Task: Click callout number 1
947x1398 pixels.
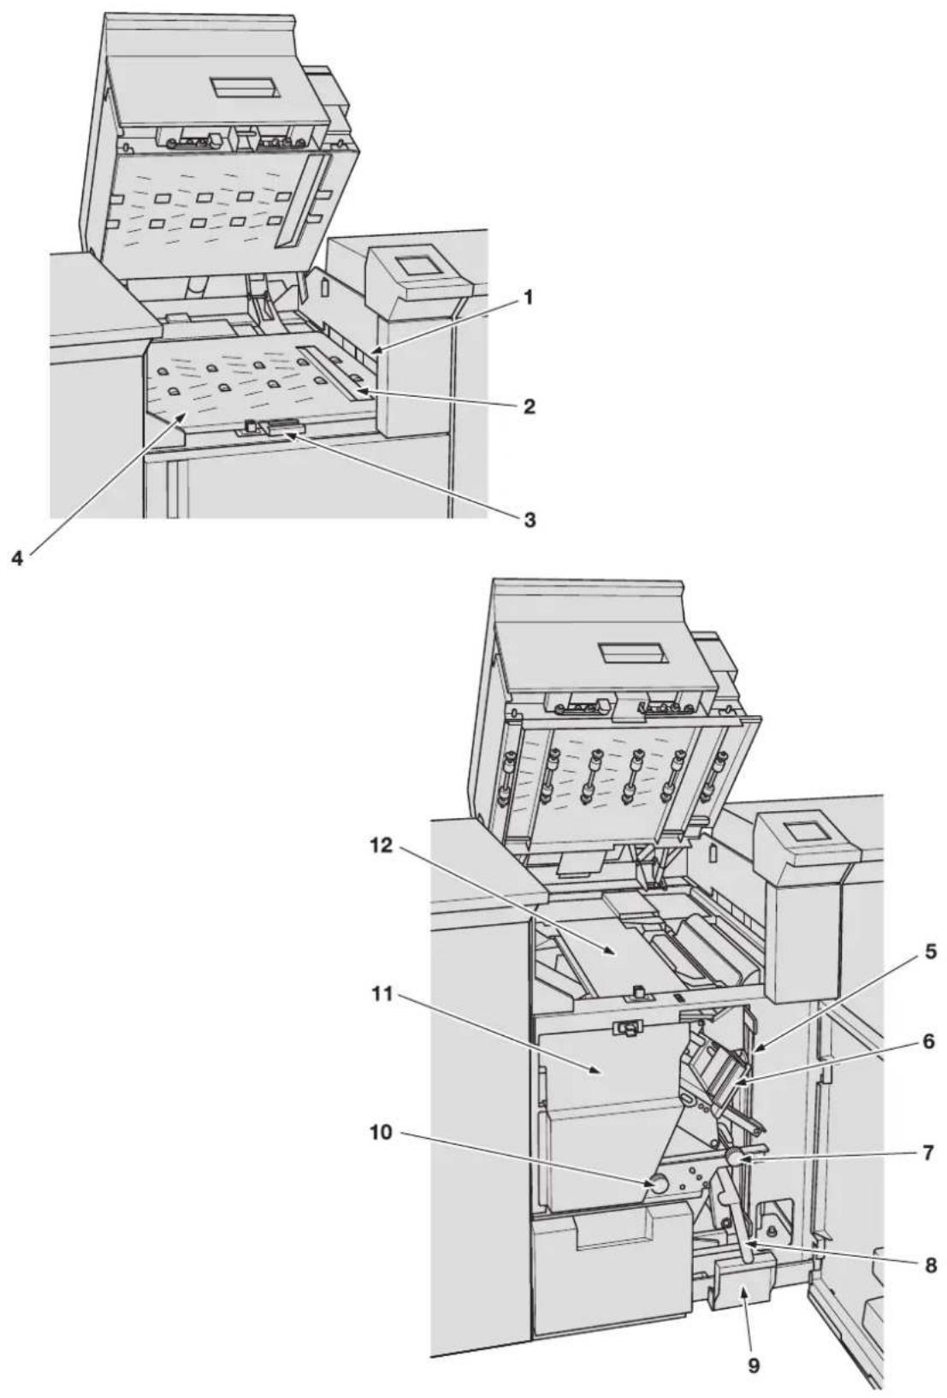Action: [528, 299]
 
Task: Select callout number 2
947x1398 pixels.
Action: [529, 407]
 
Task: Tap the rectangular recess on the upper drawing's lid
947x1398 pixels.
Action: [245, 89]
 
